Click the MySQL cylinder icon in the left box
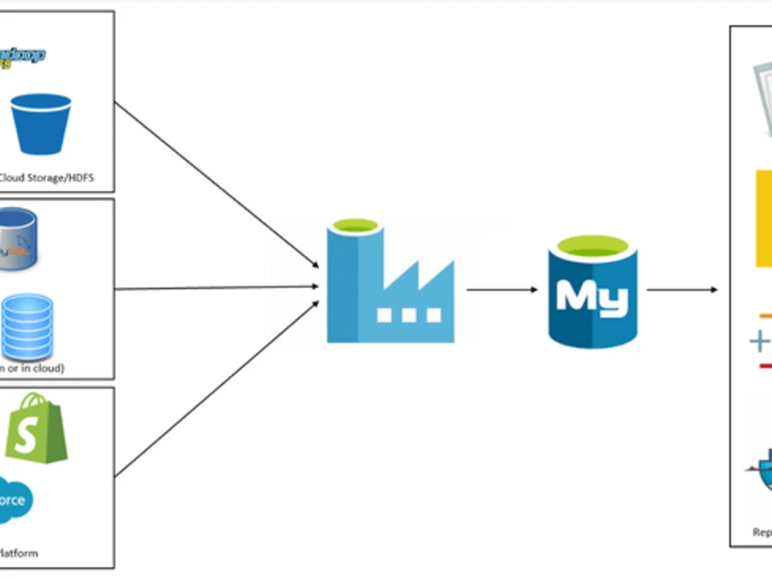click(17, 239)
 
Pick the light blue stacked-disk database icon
click(27, 323)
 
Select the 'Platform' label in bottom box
click(19, 553)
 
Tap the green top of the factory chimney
click(354, 226)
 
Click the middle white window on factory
click(408, 315)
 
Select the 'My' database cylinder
click(592, 290)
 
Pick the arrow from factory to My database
click(501, 290)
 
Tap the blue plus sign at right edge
click(760, 341)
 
